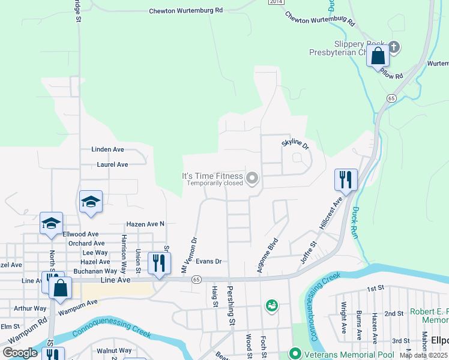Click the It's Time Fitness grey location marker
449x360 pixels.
tap(253, 178)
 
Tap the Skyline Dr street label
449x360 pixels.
tap(295, 145)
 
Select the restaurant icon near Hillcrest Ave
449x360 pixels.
tap(346, 179)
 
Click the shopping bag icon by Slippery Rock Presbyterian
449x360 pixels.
tap(378, 56)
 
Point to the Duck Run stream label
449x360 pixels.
tap(356, 223)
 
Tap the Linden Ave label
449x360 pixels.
tap(107, 149)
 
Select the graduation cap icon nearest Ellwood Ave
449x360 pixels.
tap(52, 223)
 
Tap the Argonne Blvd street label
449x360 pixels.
tap(268, 255)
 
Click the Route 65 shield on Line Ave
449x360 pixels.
tap(196, 280)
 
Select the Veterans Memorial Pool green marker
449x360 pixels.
tap(295, 354)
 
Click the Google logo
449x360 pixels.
tap(20, 353)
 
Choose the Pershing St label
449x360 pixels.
tap(231, 306)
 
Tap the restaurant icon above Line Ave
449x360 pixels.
tap(158, 263)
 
